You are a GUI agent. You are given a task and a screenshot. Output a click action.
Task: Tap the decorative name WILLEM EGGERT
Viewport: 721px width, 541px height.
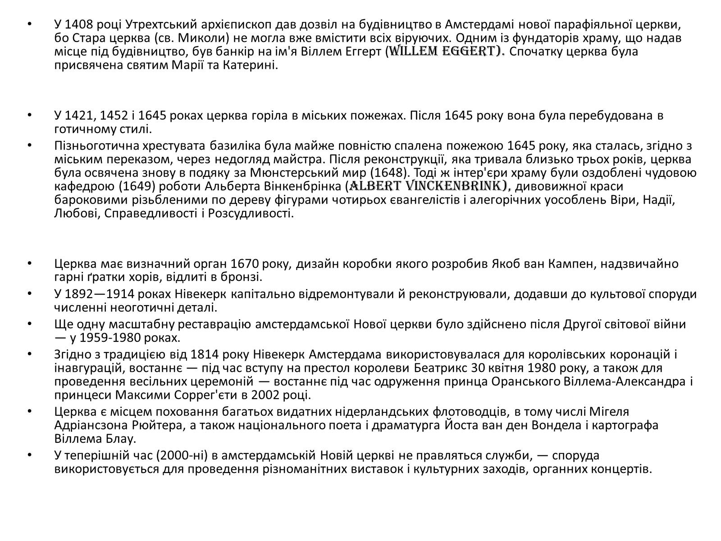point(446,51)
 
